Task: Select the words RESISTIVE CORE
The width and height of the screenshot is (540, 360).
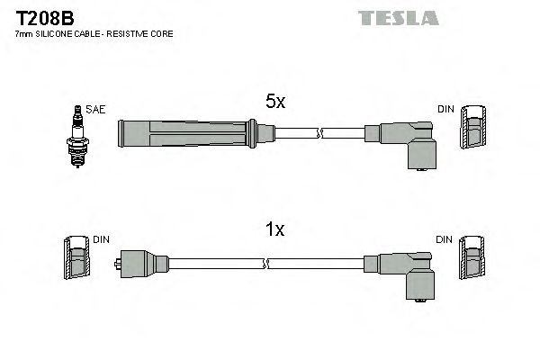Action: (x=144, y=33)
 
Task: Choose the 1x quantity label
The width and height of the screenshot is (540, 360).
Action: (x=274, y=229)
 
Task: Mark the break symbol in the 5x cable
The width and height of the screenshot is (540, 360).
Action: (x=319, y=134)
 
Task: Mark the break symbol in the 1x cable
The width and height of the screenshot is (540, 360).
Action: (x=267, y=263)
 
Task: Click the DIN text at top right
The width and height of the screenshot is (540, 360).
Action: (x=445, y=110)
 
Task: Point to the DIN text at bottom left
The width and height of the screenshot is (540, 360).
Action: (x=101, y=240)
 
